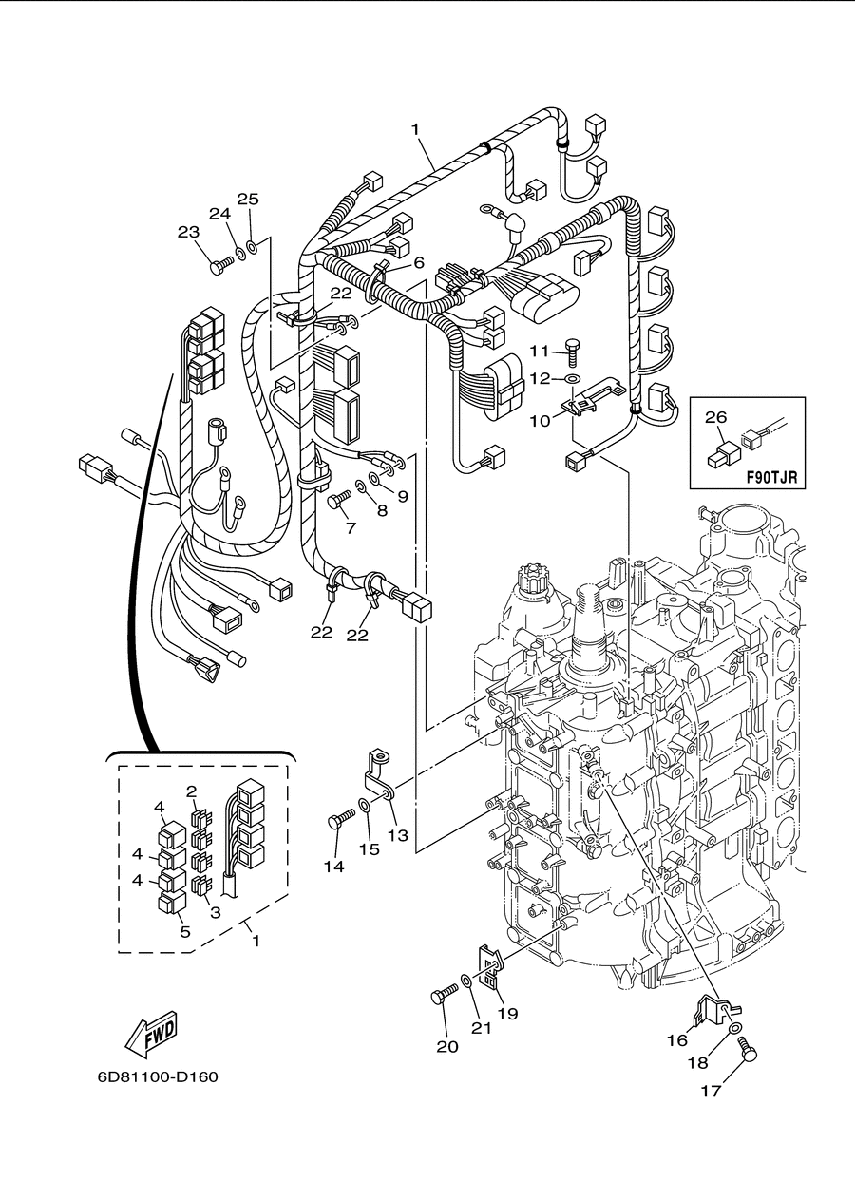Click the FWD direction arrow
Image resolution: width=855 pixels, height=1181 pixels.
151,1035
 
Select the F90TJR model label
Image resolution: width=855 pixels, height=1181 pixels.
771,479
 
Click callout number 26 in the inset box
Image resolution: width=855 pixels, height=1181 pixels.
716,417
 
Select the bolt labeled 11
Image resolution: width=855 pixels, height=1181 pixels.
573,352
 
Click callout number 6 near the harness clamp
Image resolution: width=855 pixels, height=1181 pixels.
419,262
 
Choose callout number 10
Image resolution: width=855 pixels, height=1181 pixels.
540,421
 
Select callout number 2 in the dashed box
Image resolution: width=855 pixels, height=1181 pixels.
191,791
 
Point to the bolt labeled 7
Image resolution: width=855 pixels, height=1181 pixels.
339,499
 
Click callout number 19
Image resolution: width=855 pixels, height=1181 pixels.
508,1014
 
